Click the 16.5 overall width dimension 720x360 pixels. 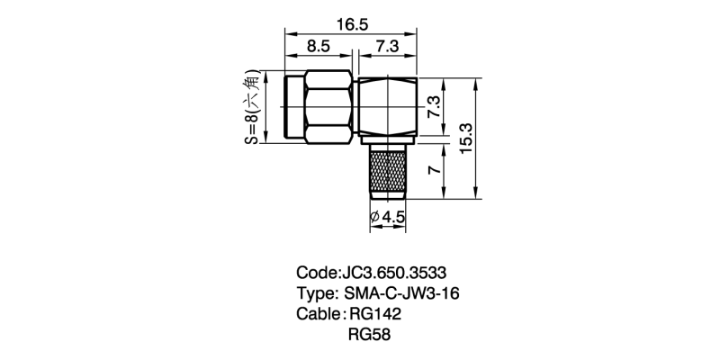coord(352,24)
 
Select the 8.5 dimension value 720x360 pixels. coord(319,47)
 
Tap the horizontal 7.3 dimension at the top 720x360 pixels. coord(387,47)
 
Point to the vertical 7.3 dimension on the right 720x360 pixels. coord(435,107)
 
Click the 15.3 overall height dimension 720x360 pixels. coord(466,139)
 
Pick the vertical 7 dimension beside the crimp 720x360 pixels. coord(435,169)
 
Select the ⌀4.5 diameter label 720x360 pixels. coord(388,217)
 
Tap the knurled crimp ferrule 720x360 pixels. coord(388,171)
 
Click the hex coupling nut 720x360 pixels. coord(328,106)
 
